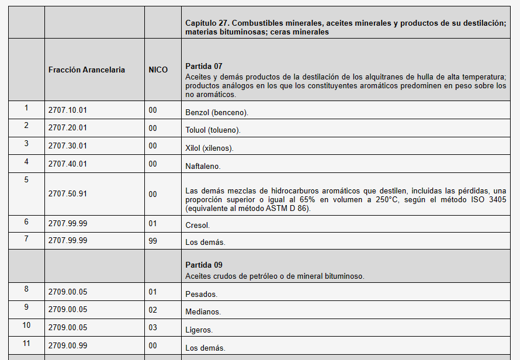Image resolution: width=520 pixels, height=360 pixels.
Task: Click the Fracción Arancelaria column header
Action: pyautogui.click(x=86, y=70)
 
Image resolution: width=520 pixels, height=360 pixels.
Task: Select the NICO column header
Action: pyautogui.click(x=158, y=70)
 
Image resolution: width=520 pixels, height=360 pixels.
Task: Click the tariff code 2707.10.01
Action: pyautogui.click(x=68, y=110)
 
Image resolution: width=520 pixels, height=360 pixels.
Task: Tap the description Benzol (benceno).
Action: pyautogui.click(x=209, y=112)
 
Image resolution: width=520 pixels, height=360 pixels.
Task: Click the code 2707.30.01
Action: pyautogui.click(x=68, y=146)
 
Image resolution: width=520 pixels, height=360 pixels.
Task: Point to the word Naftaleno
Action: pyautogui.click(x=203, y=167)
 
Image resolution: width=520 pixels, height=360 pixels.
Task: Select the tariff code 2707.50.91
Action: pyautogui.click(x=68, y=193)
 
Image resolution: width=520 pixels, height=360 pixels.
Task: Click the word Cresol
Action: pyautogui.click(x=197, y=225)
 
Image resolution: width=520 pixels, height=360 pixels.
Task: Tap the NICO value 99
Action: pyautogui.click(x=153, y=240)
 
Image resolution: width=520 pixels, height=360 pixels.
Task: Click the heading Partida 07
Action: pyautogui.click(x=204, y=66)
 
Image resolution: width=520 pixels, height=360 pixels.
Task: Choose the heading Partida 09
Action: pyautogui.click(x=204, y=265)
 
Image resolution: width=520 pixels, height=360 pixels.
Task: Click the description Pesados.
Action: pyautogui.click(x=201, y=295)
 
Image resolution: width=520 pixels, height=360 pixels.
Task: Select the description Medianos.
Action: pyautogui.click(x=203, y=312)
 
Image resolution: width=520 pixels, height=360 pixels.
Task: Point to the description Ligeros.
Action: pyautogui.click(x=199, y=330)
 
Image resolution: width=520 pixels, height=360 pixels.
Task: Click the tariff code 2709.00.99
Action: pyautogui.click(x=68, y=345)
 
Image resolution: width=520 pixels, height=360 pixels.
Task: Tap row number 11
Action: pyautogui.click(x=26, y=343)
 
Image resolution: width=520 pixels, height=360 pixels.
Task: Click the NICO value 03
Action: pyautogui.click(x=153, y=327)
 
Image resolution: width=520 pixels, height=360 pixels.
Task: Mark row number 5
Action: pyautogui.click(x=26, y=179)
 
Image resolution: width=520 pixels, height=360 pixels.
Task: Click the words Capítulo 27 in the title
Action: pyautogui.click(x=206, y=22)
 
